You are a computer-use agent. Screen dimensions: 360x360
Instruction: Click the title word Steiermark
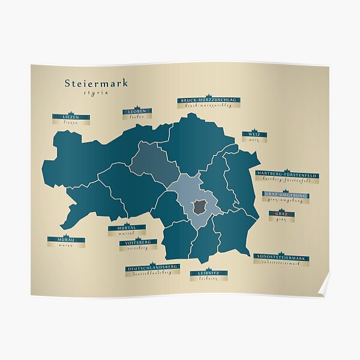pyautogui.click(x=96, y=83)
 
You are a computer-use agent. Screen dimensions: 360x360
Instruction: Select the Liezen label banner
pyautogui.click(x=71, y=117)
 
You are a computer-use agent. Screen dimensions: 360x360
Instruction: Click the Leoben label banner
pyautogui.click(x=137, y=112)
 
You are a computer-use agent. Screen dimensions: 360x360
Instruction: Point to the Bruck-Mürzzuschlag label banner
pyautogui.click(x=208, y=100)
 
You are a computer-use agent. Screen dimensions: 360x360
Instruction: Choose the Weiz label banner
pyautogui.click(x=254, y=134)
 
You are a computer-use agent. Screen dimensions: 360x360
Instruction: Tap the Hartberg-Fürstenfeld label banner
pyautogui.click(x=287, y=174)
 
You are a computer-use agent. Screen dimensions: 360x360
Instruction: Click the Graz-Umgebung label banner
pyautogui.click(x=286, y=195)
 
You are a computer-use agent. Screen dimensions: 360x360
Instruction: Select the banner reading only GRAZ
pyautogui.click(x=281, y=213)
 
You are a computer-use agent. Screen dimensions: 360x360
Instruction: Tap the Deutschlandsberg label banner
pyautogui.click(x=152, y=267)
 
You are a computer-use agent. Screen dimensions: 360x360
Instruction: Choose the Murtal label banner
pyautogui.click(x=127, y=227)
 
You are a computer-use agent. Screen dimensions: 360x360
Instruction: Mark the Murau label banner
pyautogui.click(x=66, y=239)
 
